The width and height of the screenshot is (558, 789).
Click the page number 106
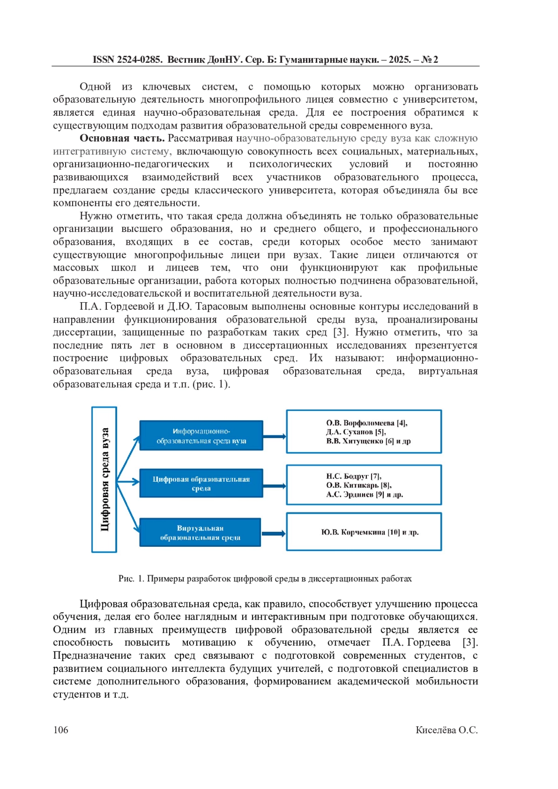point(60,729)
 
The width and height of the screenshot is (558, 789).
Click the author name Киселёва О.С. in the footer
point(446,730)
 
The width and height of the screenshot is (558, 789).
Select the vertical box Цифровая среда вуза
point(104,479)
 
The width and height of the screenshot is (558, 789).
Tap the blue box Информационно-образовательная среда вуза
point(201,436)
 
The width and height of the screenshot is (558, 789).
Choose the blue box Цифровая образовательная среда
point(201,483)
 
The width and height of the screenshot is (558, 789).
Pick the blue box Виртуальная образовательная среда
point(200,532)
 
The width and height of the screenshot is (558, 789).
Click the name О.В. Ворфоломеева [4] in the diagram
point(366,423)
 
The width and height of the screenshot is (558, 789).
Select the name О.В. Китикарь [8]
point(359,485)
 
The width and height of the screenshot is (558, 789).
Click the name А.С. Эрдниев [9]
point(355,494)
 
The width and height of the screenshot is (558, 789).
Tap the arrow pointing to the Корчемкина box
point(274,533)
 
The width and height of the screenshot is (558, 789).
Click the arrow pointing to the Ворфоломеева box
point(274,436)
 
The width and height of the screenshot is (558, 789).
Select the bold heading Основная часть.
point(122,138)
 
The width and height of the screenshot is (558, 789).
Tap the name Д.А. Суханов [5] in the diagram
point(356,432)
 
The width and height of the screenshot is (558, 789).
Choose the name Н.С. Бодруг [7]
point(353,476)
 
